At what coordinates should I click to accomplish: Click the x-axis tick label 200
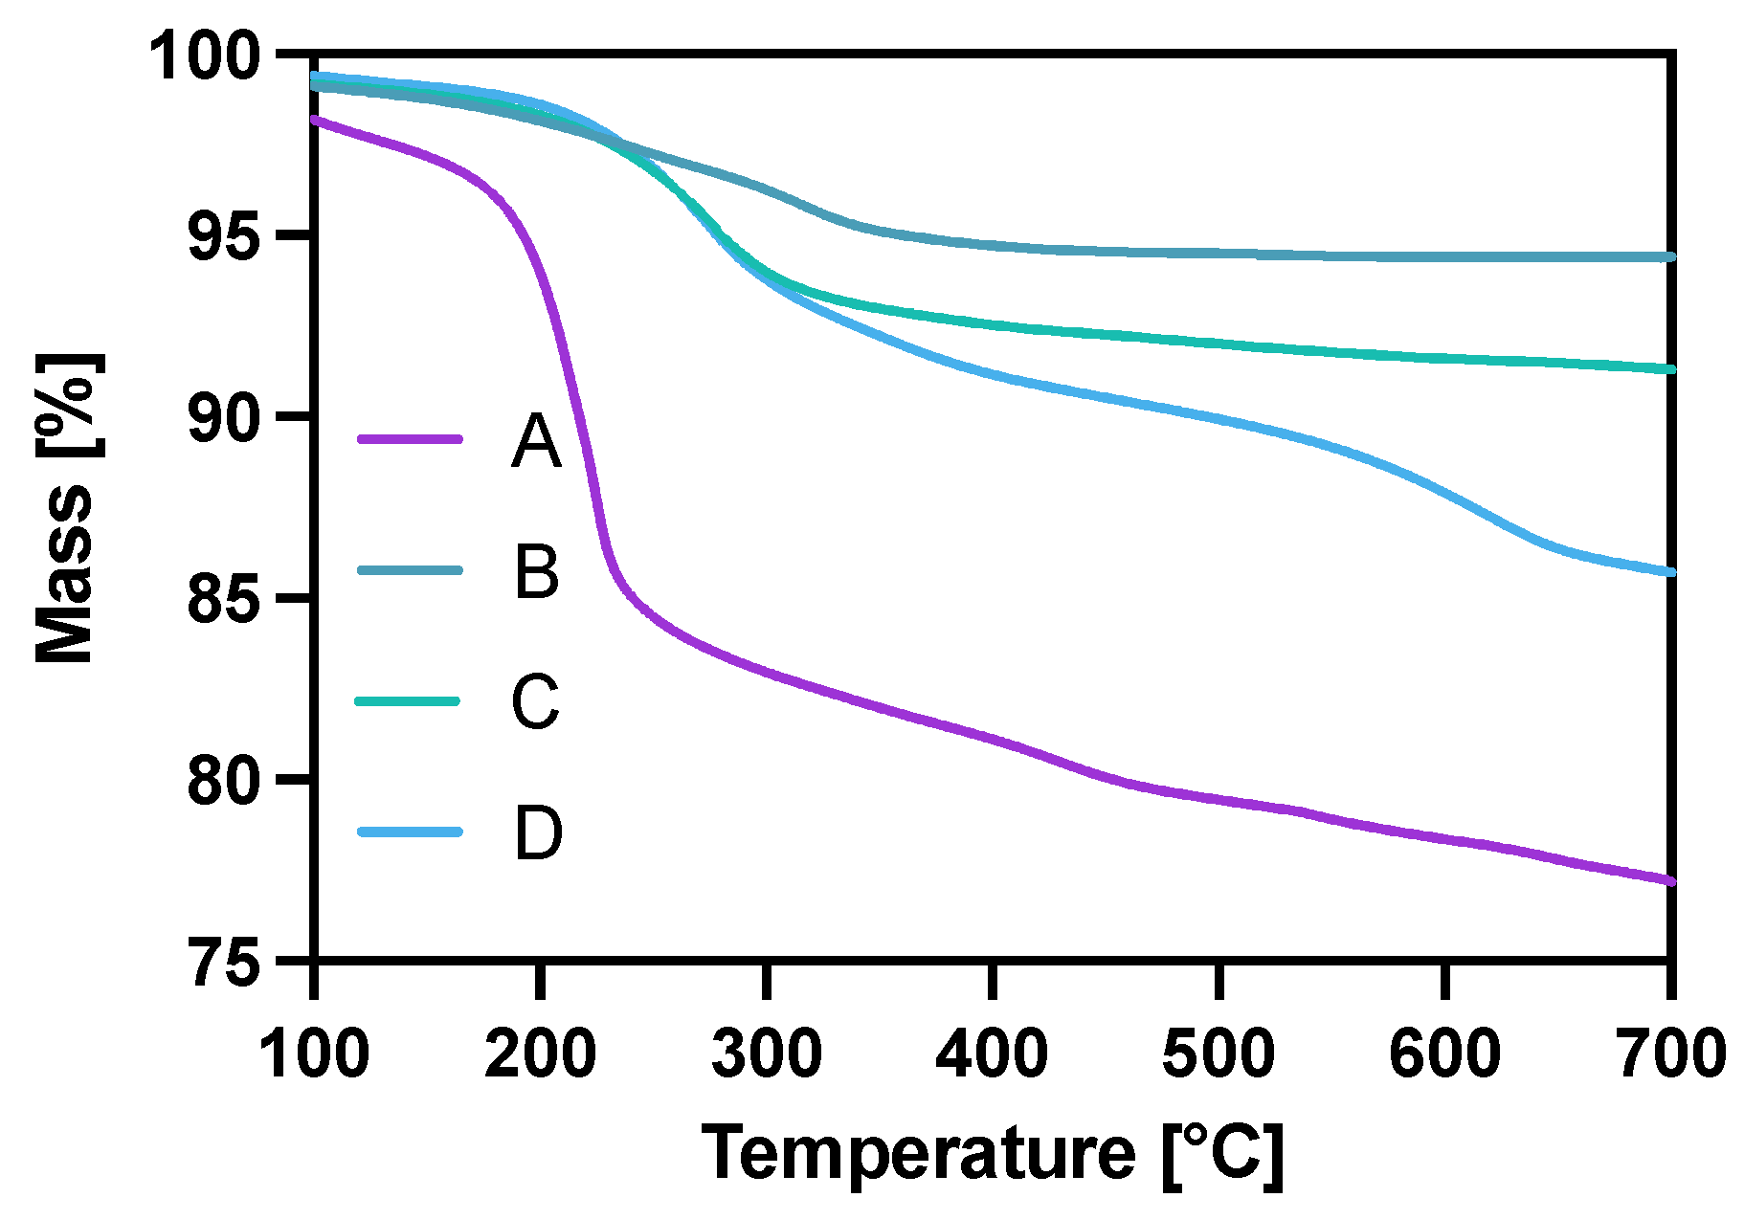pyautogui.click(x=541, y=1053)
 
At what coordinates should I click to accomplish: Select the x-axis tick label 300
pyautogui.click(x=767, y=1053)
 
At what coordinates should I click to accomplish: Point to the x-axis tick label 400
pyautogui.click(x=993, y=1053)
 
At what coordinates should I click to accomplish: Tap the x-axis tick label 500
pyautogui.click(x=1219, y=1053)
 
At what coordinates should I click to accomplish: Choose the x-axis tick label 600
pyautogui.click(x=1444, y=1053)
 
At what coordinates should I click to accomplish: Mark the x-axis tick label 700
pyautogui.click(x=1670, y=1053)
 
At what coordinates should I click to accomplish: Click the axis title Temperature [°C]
pyautogui.click(x=993, y=1154)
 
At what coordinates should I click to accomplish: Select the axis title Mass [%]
pyautogui.click(x=65, y=507)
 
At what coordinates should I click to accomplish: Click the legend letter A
pyautogui.click(x=535, y=441)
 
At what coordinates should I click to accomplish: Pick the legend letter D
pyautogui.click(x=538, y=833)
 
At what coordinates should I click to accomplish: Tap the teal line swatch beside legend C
pyautogui.click(x=409, y=701)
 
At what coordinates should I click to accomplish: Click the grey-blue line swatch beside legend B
pyautogui.click(x=409, y=570)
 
